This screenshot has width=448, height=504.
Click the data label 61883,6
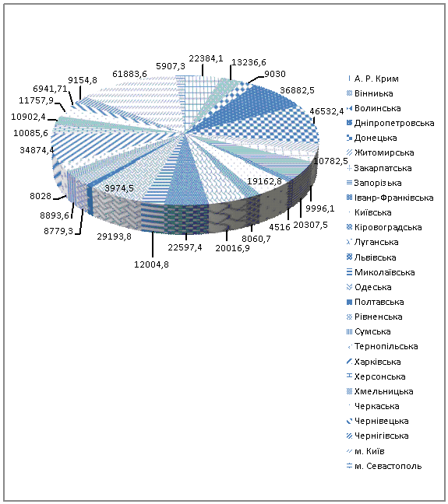pyautogui.click(x=129, y=74)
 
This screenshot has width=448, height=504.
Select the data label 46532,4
pyautogui.click(x=326, y=111)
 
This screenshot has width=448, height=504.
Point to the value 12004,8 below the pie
pyautogui.click(x=151, y=264)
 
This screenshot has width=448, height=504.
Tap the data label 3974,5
pyautogui.click(x=119, y=188)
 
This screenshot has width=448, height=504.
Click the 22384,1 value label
pyautogui.click(x=206, y=59)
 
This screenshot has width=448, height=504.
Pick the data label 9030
pyautogui.click(x=275, y=74)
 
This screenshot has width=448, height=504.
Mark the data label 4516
pyautogui.click(x=280, y=227)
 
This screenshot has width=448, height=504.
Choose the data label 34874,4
pyautogui.click(x=37, y=150)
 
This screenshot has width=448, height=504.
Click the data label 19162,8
pyautogui.click(x=264, y=181)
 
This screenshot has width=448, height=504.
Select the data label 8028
pyautogui.click(x=41, y=196)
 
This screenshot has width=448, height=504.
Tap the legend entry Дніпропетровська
pyautogui.click(x=390, y=123)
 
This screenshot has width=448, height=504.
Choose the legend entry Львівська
pyautogui.click(x=372, y=257)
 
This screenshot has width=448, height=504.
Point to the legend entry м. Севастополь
pyautogui.click(x=384, y=466)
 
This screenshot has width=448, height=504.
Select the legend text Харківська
pyautogui.click(x=377, y=362)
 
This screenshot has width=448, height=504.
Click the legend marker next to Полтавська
pyautogui.click(x=350, y=302)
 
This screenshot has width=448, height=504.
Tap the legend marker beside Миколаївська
pyautogui.click(x=350, y=272)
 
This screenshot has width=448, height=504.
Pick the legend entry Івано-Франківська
pyautogui.click(x=390, y=198)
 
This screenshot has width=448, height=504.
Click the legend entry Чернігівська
pyautogui.click(x=377, y=436)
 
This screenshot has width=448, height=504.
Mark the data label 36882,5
pyautogui.click(x=297, y=90)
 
